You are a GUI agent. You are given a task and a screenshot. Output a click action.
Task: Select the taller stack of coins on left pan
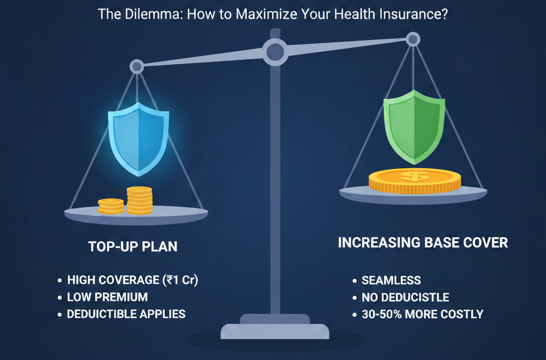(x=139, y=201)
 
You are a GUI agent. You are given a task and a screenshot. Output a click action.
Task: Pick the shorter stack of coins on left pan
(x=111, y=206)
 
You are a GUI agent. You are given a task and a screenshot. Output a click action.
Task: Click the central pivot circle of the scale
(x=275, y=52)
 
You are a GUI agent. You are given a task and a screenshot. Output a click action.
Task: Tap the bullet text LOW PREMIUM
(x=107, y=297)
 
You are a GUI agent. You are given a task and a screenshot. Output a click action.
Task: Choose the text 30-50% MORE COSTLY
(x=422, y=314)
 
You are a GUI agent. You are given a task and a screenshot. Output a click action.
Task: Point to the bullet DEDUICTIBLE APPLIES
(x=126, y=314)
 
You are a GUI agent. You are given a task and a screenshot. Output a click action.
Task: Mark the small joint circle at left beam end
(x=137, y=67)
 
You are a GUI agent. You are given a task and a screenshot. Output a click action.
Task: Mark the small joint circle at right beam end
(x=413, y=38)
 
